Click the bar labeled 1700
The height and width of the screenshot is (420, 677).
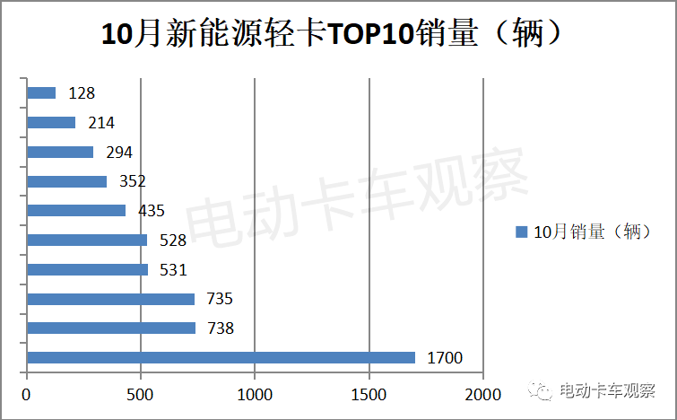pyautogui.click(x=221, y=357)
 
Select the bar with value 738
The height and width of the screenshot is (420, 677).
pyautogui.click(x=111, y=328)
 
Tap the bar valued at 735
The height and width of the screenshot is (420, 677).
pyautogui.click(x=111, y=299)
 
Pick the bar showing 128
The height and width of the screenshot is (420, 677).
pyautogui.click(x=41, y=92)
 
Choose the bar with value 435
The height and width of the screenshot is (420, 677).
pyautogui.click(x=76, y=210)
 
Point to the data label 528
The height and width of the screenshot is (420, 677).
pyautogui.click(x=172, y=240)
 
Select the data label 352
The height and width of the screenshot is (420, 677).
pyautogui.click(x=132, y=181)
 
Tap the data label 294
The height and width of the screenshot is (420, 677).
pyautogui.click(x=119, y=152)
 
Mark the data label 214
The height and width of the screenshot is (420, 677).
pyautogui.click(x=101, y=122)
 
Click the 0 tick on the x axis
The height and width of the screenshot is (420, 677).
pyautogui.click(x=27, y=394)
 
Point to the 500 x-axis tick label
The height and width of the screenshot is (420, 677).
pyautogui.click(x=141, y=394)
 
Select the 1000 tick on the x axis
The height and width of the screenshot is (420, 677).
pyautogui.click(x=255, y=394)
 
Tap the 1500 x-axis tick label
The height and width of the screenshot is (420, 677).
pyautogui.click(x=369, y=394)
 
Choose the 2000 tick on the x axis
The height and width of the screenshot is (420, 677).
pyautogui.click(x=482, y=394)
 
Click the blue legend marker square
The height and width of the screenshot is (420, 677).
pyautogui.click(x=521, y=232)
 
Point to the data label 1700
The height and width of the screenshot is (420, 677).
pyautogui.click(x=444, y=358)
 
